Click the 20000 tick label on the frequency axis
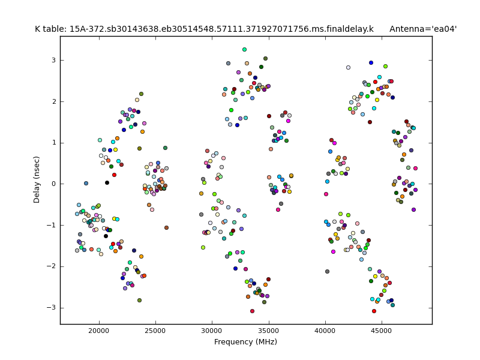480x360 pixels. pyautogui.click(x=98, y=331)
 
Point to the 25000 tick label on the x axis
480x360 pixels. pyautogui.click(x=155, y=331)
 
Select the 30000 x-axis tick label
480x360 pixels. pyautogui.click(x=212, y=331)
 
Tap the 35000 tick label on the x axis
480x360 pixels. pyautogui.click(x=269, y=331)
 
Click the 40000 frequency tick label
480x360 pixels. pyautogui.click(x=325, y=331)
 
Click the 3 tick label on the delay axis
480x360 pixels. pyautogui.click(x=53, y=60)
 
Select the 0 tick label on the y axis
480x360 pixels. pyautogui.click(x=53, y=184)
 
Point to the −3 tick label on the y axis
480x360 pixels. pyautogui.click(x=51, y=307)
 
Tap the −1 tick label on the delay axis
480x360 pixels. pyautogui.click(x=51, y=225)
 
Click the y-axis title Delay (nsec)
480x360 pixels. pyautogui.click(x=37, y=180)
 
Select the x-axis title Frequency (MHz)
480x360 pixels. pyautogui.click(x=246, y=342)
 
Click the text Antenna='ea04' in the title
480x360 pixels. pyautogui.click(x=423, y=29)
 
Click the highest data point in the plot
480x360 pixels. pyautogui.click(x=244, y=49)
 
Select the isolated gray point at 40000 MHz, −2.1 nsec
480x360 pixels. pyautogui.click(x=327, y=271)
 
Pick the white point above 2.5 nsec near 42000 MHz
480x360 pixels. pyautogui.click(x=348, y=67)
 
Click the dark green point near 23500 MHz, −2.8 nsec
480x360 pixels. pyautogui.click(x=139, y=300)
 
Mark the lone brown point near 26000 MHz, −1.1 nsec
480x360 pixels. pyautogui.click(x=166, y=227)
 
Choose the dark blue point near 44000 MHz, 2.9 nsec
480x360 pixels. pyautogui.click(x=371, y=62)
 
